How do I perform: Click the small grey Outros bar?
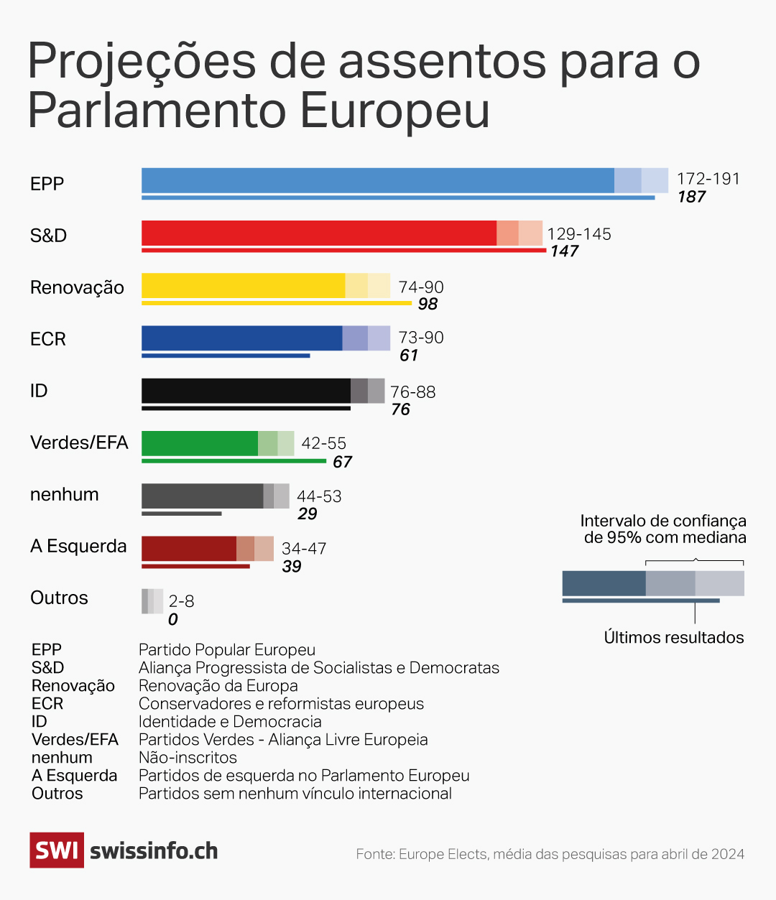152,601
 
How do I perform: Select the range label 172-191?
708,179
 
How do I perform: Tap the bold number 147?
565,251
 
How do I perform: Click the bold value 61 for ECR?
409,356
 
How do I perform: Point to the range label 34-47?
304,549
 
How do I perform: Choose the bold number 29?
308,514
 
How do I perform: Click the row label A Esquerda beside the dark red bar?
78,547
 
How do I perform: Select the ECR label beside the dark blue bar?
48,339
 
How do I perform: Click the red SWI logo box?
57,850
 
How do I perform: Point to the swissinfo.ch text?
154,851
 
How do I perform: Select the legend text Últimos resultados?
674,638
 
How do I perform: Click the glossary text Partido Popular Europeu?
227,650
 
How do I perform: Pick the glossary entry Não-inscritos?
188,758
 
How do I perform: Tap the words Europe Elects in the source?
443,855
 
